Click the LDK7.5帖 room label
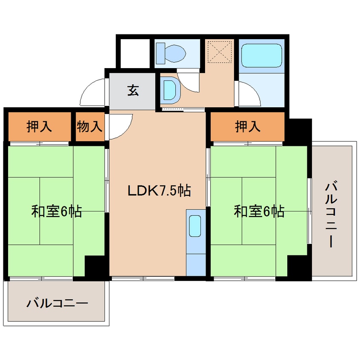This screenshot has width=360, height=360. tap(159, 190)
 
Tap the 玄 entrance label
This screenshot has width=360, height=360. tap(133, 90)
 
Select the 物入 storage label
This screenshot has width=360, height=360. tap(89, 126)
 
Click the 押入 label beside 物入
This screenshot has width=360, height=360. tap(39, 126)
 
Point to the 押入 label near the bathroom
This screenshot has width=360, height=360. tap(248, 126)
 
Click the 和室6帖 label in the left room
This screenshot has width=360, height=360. tap(57, 211)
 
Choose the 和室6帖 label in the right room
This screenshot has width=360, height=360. tap(259, 211)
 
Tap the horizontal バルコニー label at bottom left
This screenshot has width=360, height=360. tap(57, 303)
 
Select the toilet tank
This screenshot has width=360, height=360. tap(160, 54)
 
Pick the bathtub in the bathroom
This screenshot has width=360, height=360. tap(262, 56)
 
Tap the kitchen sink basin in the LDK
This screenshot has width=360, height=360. tap(195, 226)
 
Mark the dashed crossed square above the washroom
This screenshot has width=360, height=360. tap(220, 52)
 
